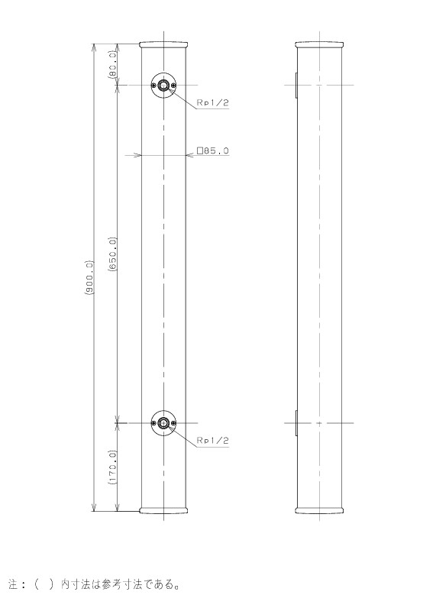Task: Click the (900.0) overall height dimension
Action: [89, 277]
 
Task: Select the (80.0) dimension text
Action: [112, 63]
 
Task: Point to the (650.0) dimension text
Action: [112, 254]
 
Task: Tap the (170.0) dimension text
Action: [112, 467]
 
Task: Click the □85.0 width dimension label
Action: [213, 150]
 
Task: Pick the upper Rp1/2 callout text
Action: [213, 102]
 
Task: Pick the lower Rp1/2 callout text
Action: [213, 440]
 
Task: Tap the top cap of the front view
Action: [163, 45]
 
